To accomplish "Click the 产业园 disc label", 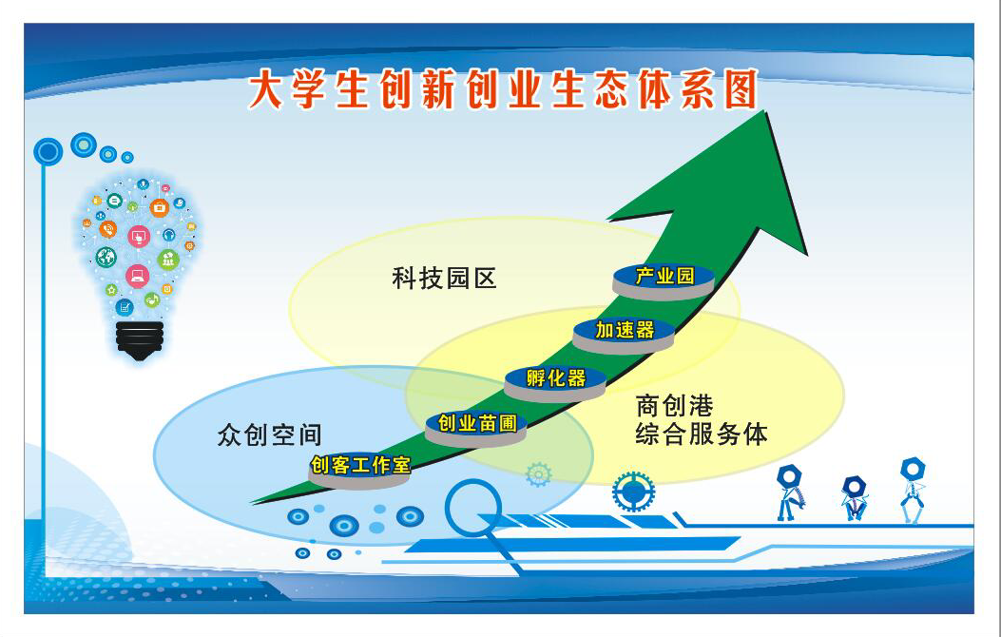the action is [663, 280].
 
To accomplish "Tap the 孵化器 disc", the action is [555, 383].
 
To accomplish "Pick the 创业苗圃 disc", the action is [475, 428].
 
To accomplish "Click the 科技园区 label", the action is [444, 279].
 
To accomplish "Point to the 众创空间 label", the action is [269, 434].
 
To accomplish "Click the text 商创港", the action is [674, 406].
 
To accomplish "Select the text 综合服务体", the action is [701, 434].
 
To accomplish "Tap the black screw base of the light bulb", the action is [140, 340].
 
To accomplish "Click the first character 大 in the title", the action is [265, 90].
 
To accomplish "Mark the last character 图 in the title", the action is [741, 88].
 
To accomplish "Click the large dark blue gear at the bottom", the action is [633, 492].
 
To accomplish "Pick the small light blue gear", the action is [538, 474].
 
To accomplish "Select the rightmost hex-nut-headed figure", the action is [913, 490].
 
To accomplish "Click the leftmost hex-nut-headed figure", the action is [790, 492].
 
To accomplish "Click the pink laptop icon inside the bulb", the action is [137, 277].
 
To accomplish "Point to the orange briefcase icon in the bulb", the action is [159, 207].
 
